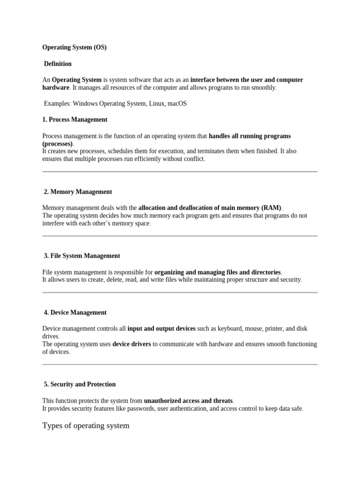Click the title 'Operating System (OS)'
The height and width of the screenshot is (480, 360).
75,47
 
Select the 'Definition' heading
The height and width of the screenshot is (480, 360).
58,64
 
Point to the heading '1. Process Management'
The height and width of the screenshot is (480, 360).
75,120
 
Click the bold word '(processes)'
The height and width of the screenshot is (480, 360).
57,143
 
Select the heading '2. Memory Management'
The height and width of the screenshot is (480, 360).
78,192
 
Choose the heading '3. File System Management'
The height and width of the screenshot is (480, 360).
82,256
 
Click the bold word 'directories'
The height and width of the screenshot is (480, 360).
266,272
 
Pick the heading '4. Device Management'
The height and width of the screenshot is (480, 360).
75,313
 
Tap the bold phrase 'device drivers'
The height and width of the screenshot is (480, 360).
132,344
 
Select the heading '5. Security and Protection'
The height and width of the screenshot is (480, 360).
80,384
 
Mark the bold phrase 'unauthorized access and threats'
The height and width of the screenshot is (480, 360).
188,401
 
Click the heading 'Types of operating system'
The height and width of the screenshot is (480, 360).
86,426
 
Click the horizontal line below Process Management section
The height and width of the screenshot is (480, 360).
180,172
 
